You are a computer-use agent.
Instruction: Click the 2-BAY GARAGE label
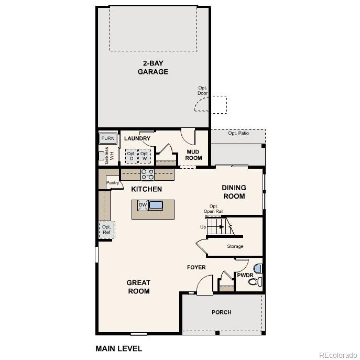click(152, 68)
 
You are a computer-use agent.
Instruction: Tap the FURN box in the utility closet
click(107, 138)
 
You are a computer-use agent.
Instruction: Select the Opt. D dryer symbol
click(131, 156)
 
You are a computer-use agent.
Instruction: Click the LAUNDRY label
click(137, 138)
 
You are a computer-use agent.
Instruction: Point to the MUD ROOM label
click(193, 155)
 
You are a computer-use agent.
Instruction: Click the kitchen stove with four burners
click(147, 174)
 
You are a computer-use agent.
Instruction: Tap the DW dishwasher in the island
click(143, 205)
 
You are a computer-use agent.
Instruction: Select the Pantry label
click(113, 183)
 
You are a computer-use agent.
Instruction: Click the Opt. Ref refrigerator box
click(106, 230)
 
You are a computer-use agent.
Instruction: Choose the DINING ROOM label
click(234, 192)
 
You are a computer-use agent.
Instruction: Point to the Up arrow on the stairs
click(219, 227)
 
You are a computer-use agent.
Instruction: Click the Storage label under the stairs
click(235, 246)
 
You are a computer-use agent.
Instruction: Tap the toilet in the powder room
click(255, 281)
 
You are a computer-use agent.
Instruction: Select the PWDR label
click(245, 275)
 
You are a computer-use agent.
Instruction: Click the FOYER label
click(197, 268)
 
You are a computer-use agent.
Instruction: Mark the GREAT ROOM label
click(138, 287)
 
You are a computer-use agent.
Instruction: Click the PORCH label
click(221, 312)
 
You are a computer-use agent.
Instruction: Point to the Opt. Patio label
click(238, 133)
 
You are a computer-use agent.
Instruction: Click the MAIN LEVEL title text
click(118, 348)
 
